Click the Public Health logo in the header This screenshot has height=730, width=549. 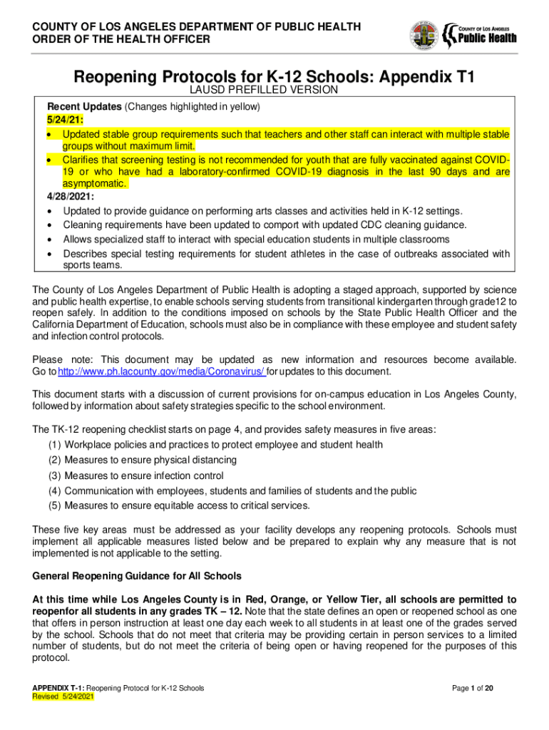480,33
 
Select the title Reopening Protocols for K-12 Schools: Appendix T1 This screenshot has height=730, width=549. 274,77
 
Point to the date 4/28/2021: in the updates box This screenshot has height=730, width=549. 69,196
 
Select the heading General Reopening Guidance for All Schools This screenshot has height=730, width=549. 138,575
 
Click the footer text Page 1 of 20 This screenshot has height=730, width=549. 481,688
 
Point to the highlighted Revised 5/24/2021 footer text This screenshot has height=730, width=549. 63,698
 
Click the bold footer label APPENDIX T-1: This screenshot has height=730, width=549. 59,688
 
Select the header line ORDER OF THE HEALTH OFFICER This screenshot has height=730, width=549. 122,39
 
